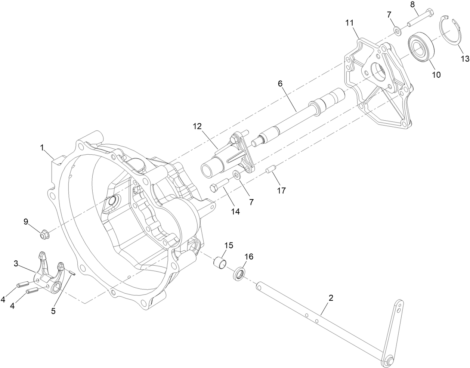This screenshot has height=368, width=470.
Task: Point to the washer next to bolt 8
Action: (x=398, y=30)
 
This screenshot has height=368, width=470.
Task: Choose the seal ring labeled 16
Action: (x=239, y=274)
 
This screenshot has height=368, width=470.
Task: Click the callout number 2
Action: (x=330, y=298)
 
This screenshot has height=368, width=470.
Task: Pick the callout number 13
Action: (x=464, y=59)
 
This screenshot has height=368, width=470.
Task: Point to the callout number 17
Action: (x=281, y=191)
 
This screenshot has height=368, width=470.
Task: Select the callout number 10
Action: (x=436, y=75)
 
